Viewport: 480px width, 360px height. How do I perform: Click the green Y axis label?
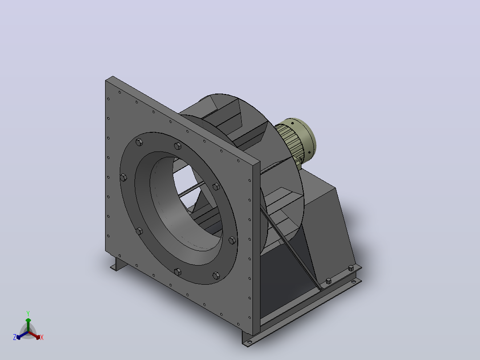[28, 313]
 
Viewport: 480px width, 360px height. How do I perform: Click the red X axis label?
[42, 337]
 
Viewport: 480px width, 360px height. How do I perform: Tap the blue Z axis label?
[15, 337]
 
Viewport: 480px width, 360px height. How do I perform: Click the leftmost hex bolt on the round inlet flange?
[123, 177]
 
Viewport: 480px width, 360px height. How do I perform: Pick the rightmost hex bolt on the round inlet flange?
[232, 240]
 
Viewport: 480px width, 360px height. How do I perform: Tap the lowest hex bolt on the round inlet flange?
[216, 275]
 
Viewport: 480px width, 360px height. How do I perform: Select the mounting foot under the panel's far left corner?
[118, 264]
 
